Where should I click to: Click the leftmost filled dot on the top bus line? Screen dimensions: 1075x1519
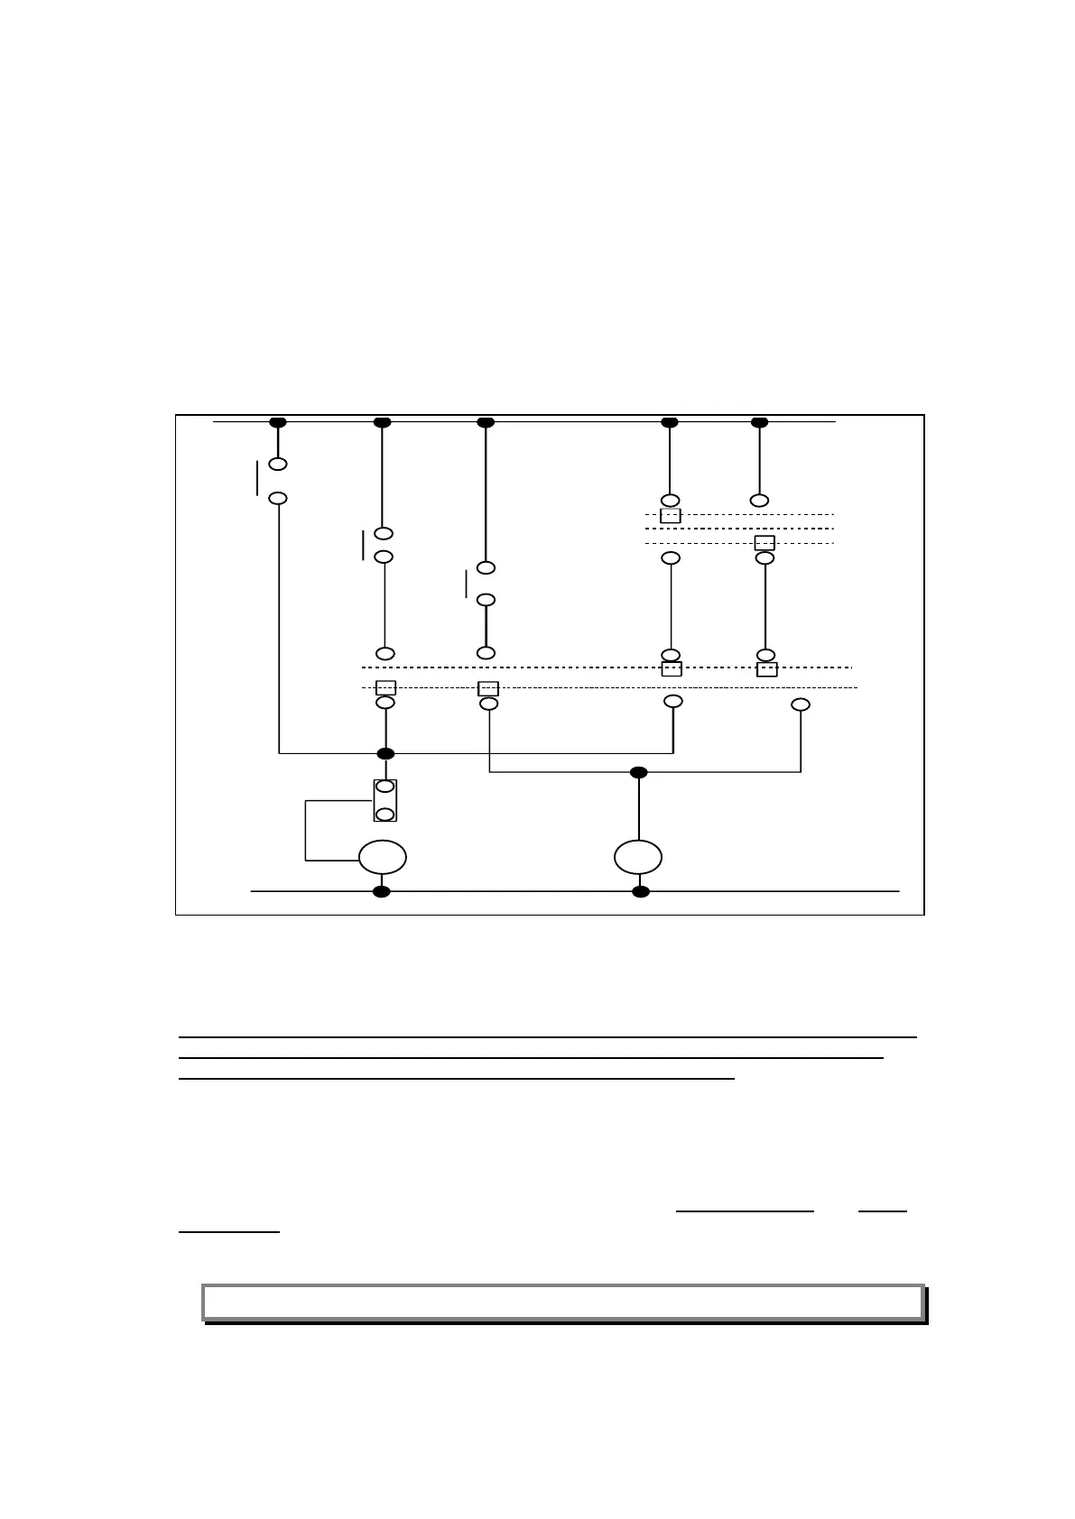tap(278, 422)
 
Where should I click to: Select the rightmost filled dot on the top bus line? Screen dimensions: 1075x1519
tap(759, 422)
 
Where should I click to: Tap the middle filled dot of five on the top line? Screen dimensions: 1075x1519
tap(486, 422)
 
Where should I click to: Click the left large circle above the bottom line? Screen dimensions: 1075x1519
tap(382, 857)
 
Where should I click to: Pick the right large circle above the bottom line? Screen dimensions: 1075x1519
tap(638, 856)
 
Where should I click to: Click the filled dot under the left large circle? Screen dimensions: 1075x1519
tap(382, 892)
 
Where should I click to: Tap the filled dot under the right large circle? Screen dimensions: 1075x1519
tap(640, 892)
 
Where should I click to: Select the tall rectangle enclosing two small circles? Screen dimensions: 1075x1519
tap(385, 800)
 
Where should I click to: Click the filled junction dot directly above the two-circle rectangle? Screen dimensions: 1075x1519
tap(385, 753)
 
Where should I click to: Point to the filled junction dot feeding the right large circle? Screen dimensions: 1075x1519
tap(638, 772)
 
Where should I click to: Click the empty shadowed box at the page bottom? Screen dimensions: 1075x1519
tap(563, 1302)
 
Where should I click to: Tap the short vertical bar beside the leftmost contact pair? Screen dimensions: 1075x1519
tap(257, 478)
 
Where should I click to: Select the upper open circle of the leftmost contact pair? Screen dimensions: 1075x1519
tap(278, 464)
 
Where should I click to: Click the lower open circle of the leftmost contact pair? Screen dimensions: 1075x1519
tap(278, 498)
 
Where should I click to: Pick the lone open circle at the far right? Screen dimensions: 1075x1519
tap(800, 704)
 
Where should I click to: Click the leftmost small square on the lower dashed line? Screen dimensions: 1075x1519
tap(385, 687)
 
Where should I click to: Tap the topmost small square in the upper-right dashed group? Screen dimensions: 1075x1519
tap(671, 516)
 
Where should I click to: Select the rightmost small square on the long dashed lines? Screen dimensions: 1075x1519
tap(766, 669)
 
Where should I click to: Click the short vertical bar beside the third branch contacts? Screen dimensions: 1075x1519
tap(467, 584)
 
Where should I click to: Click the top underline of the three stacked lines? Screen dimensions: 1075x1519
tap(547, 1037)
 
